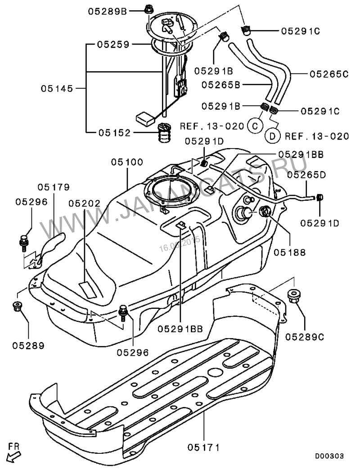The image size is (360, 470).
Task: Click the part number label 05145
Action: tap(57, 89)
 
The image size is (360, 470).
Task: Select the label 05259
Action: tap(114, 45)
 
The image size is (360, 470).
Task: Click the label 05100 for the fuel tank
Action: tap(127, 161)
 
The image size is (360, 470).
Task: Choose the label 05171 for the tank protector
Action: tap(204, 447)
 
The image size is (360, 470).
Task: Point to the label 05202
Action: tap(85, 203)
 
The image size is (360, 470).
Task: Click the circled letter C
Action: tap(255, 126)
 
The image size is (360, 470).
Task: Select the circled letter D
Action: tap(273, 135)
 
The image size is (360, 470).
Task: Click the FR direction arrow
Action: tap(14, 454)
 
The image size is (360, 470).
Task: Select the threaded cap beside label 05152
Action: tap(165, 131)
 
